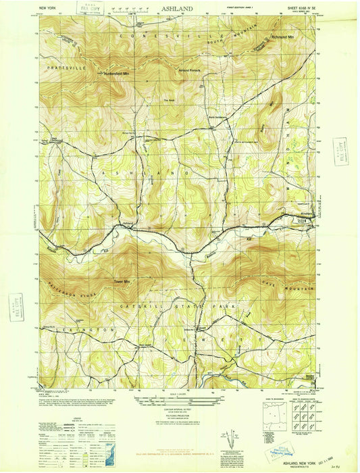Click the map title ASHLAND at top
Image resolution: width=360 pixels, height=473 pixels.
[176, 9]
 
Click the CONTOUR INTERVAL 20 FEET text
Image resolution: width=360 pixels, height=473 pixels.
[179, 410]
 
